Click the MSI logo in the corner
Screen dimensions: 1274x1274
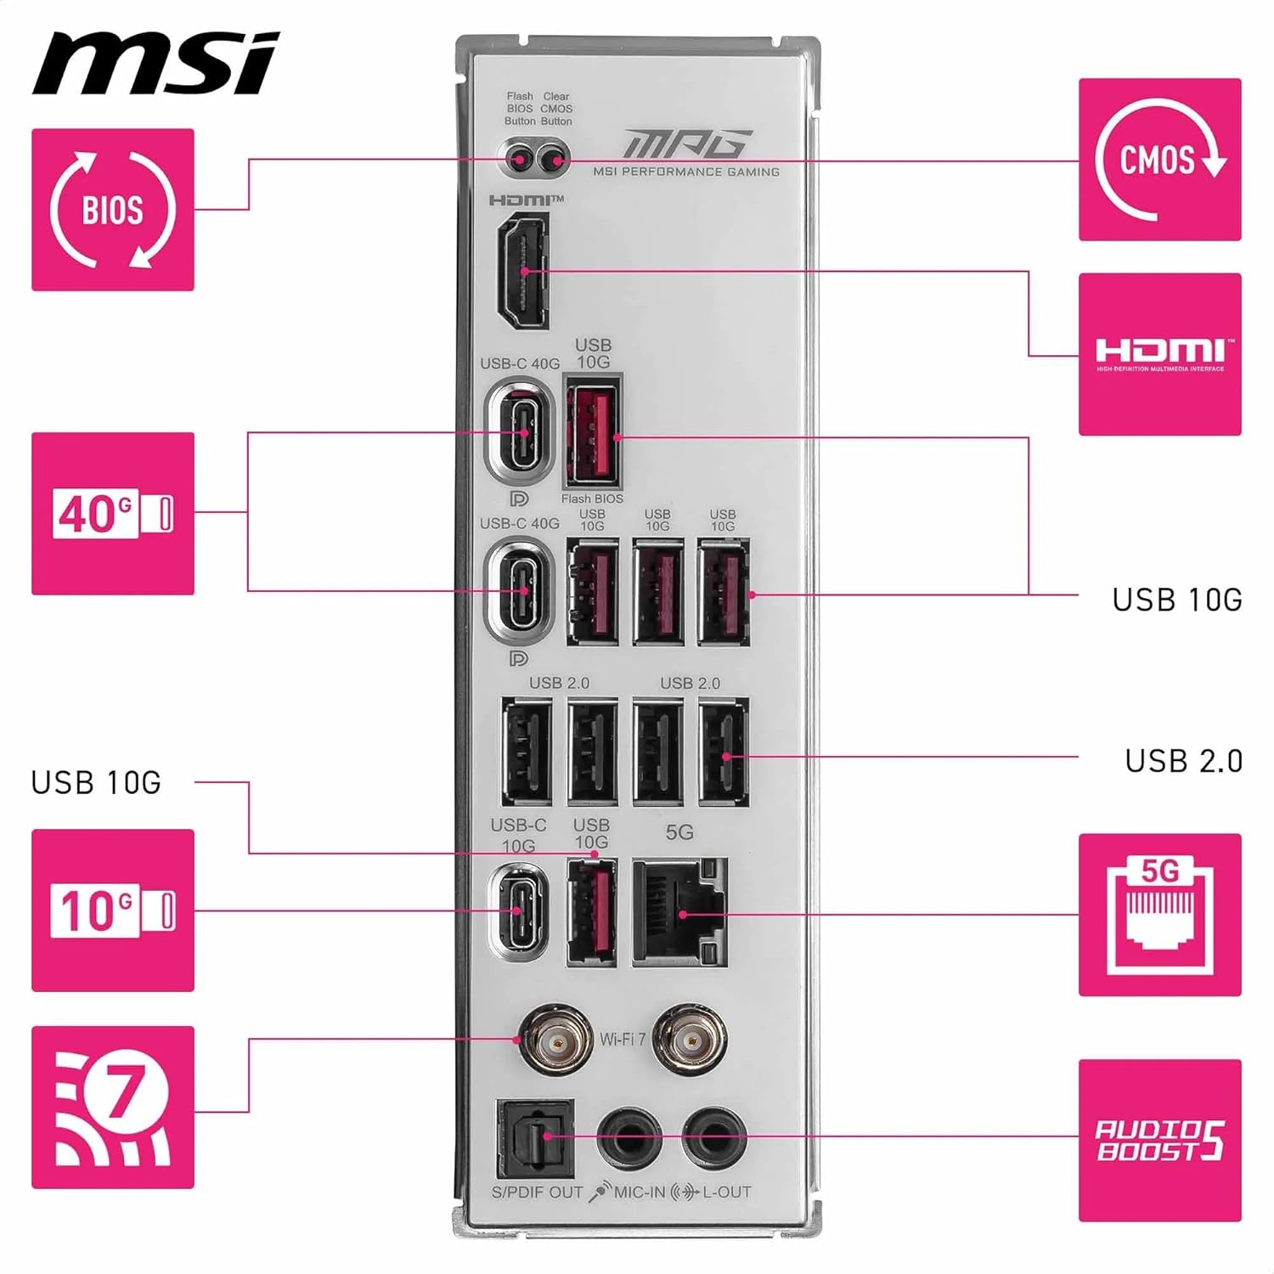155,63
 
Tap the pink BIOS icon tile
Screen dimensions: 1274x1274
113,210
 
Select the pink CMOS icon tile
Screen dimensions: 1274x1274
1159,160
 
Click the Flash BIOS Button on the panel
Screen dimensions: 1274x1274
518,159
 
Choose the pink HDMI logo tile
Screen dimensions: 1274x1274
1159,354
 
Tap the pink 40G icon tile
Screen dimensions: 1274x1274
113,514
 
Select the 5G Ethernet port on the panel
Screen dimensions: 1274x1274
679,913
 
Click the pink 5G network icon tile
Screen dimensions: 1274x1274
1159,915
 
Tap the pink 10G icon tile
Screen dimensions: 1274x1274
113,910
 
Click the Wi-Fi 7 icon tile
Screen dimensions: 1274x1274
113,1108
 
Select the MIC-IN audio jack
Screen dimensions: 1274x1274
629,1139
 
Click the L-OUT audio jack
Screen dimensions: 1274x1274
713,1139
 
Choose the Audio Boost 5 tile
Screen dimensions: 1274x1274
1159,1141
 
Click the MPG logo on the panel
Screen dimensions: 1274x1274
688,144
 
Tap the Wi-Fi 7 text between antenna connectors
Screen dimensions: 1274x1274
623,1039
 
